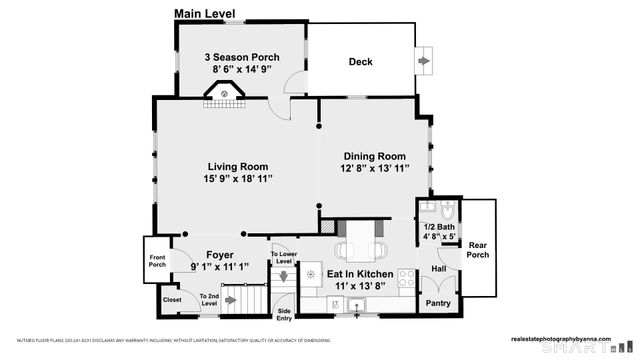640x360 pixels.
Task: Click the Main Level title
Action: click(x=207, y=13)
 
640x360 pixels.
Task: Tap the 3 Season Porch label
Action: click(x=242, y=57)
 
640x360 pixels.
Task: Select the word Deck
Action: click(x=360, y=62)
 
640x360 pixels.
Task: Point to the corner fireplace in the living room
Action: click(x=226, y=96)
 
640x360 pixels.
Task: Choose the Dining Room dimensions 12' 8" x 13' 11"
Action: click(x=375, y=171)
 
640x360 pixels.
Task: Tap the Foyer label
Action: click(x=219, y=255)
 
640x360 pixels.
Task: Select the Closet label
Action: click(x=172, y=299)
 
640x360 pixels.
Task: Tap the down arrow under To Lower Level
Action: click(x=283, y=274)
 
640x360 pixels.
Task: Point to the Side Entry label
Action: click(x=284, y=314)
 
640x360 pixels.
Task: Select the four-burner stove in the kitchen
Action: click(x=407, y=277)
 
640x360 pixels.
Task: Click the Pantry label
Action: click(x=438, y=303)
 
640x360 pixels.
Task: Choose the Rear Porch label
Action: click(x=478, y=249)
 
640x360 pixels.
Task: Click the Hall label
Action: click(x=438, y=269)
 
